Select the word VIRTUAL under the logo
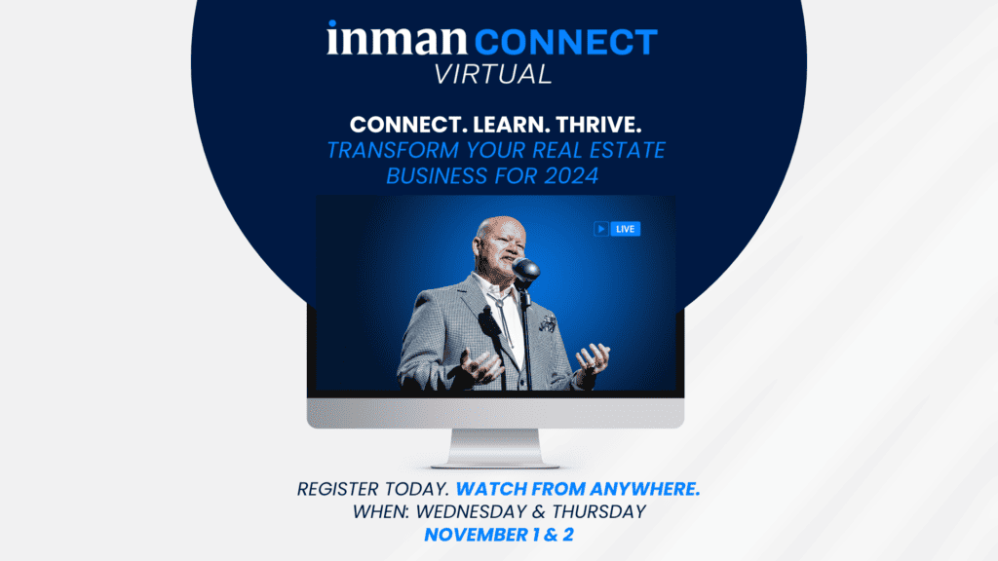tap(499, 73)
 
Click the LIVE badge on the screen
tap(625, 229)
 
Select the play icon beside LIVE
tap(601, 229)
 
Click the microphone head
tap(526, 270)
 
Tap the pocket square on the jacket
tap(548, 321)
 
